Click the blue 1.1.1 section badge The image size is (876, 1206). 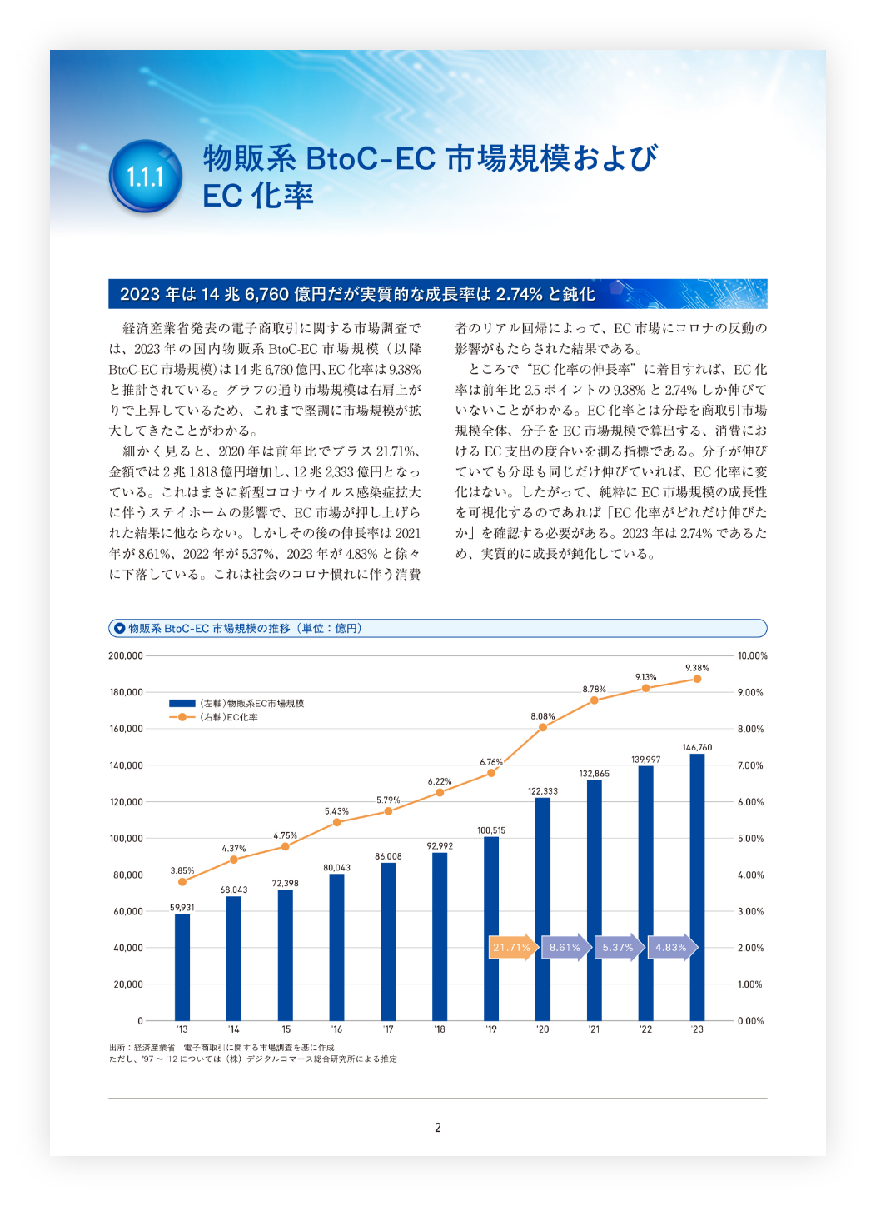pyautogui.click(x=146, y=176)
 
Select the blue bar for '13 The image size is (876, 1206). pyautogui.click(x=182, y=967)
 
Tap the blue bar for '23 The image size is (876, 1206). pyautogui.click(x=697, y=887)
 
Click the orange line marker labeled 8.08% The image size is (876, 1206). pyautogui.click(x=543, y=727)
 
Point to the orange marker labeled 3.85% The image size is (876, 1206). pyautogui.click(x=182, y=881)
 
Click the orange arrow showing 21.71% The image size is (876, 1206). pyautogui.click(x=513, y=947)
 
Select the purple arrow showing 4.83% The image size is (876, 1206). pyautogui.click(x=673, y=947)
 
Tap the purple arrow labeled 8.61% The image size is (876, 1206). pyautogui.click(x=566, y=947)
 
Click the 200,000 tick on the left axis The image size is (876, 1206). pyautogui.click(x=126, y=655)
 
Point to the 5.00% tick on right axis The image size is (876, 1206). pyautogui.click(x=750, y=838)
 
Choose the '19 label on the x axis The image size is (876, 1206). pyautogui.click(x=491, y=1029)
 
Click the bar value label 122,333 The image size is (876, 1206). pyautogui.click(x=543, y=791)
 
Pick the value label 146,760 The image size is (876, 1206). pyautogui.click(x=697, y=747)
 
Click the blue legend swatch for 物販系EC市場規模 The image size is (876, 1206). pyautogui.click(x=182, y=703)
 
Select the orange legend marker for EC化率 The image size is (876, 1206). pyautogui.click(x=182, y=717)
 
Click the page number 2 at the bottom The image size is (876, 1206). pyautogui.click(x=438, y=1128)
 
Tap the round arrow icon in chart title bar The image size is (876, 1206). pyautogui.click(x=120, y=628)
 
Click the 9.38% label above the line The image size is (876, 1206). pyautogui.click(x=697, y=668)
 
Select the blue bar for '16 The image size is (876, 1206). pyautogui.click(x=336, y=947)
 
